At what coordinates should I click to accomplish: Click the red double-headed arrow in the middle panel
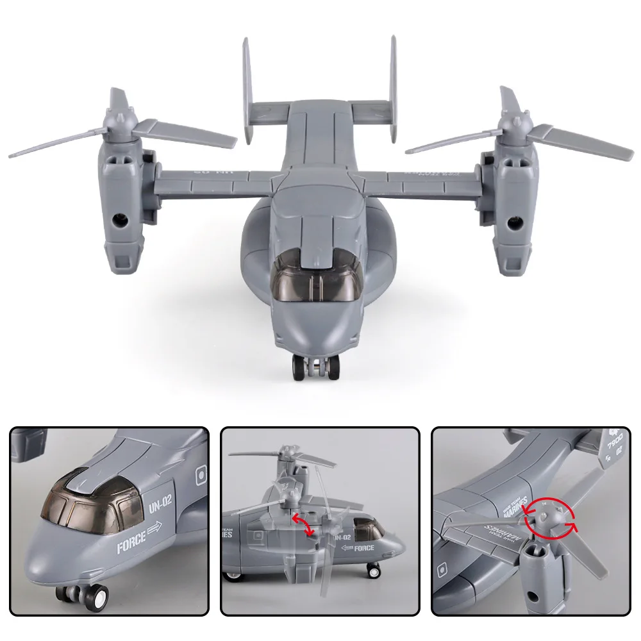tap(303, 522)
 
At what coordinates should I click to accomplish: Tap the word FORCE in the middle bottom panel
tap(363, 548)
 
